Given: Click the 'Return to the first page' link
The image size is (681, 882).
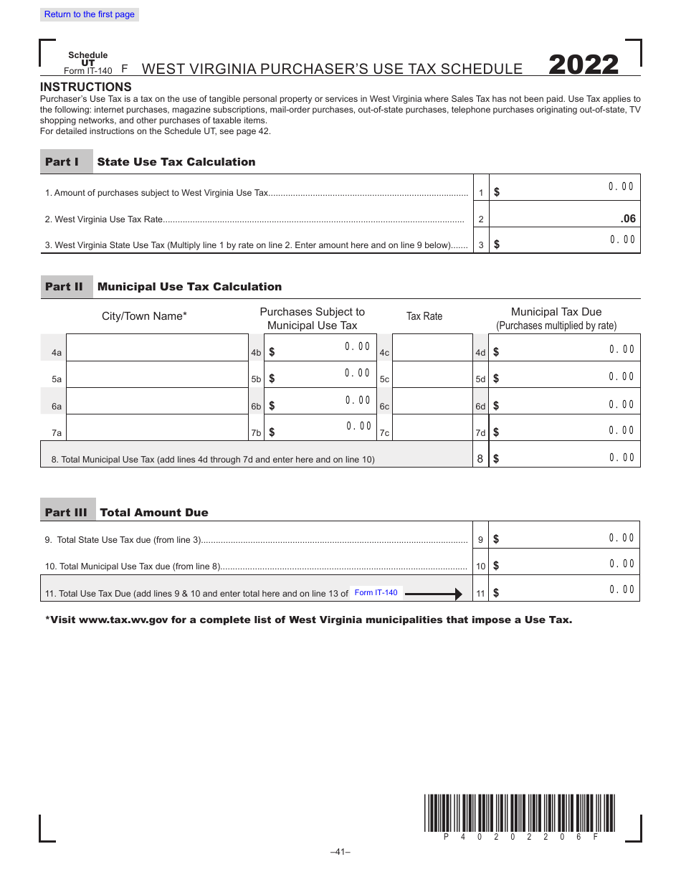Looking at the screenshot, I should [x=89, y=14].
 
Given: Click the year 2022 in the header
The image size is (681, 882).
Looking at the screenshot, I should [x=584, y=65].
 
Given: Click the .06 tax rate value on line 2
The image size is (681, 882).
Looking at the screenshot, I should [x=627, y=219].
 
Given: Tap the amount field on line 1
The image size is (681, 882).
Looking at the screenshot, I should [x=565, y=188].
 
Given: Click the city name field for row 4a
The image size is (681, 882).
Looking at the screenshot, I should [x=157, y=348].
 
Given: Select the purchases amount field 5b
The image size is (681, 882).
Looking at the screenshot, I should [x=320, y=374].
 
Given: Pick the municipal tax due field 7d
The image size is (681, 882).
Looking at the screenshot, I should [x=565, y=429].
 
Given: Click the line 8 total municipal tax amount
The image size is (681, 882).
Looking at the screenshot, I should [x=565, y=455].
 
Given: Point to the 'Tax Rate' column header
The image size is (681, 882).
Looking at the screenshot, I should [x=424, y=316].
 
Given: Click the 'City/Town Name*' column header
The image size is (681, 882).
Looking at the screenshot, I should [x=144, y=316].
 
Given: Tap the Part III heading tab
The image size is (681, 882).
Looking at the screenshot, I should [x=67, y=513].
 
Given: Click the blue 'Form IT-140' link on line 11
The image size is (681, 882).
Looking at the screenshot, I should [x=376, y=592].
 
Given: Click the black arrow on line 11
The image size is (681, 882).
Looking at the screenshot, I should [x=434, y=594].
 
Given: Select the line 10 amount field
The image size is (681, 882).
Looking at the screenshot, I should [x=565, y=562].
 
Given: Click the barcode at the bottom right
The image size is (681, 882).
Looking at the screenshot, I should [x=520, y=812].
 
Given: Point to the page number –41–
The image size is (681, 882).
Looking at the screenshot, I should [x=340, y=852].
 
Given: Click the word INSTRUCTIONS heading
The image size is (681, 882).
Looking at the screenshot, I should [x=86, y=87].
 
